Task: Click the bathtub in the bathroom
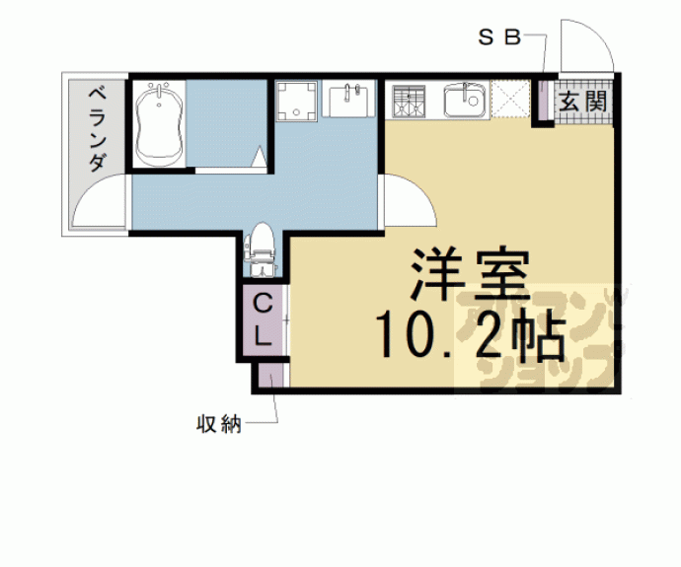point(157,125)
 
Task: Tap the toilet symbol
point(262,247)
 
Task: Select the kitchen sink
point(463,101)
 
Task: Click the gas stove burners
point(407,101)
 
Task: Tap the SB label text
point(498,38)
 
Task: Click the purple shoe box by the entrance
point(542,103)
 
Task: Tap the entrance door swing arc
point(582,44)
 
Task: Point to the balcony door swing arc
point(99,202)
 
